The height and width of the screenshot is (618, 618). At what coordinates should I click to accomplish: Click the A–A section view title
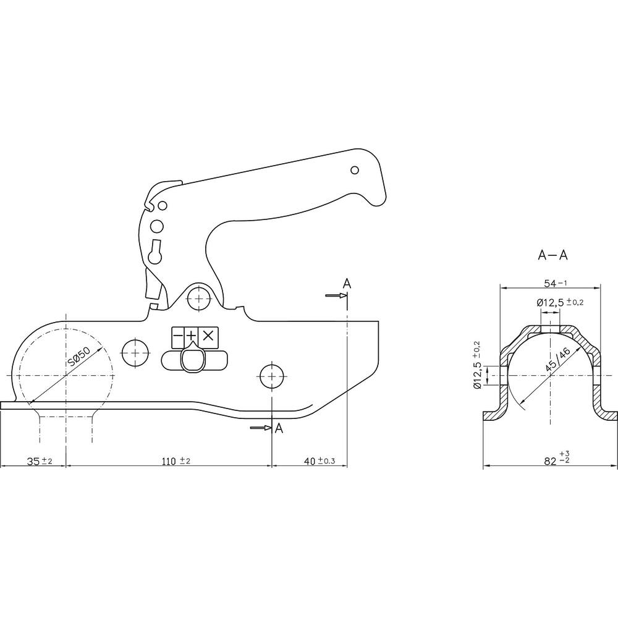pos(553,255)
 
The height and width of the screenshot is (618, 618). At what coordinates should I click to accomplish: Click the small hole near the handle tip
pos(355,170)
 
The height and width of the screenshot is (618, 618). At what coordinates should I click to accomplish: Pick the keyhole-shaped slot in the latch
pos(156,251)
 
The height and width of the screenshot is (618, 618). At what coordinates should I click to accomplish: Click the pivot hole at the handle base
pos(198,298)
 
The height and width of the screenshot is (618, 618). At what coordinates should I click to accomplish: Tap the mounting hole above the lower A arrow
pos(272,374)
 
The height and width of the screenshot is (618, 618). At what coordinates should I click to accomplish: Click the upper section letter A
pos(347,284)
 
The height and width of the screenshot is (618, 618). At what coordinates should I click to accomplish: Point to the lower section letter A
pos(279,429)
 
